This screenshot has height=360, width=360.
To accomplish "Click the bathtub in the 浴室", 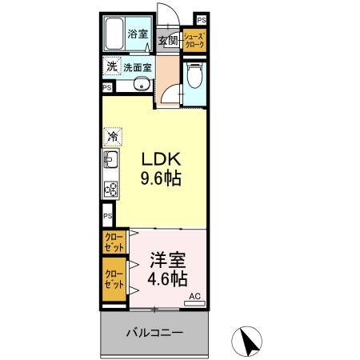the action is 114,34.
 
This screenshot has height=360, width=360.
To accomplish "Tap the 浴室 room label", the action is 138,34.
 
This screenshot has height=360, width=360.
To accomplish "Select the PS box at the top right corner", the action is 202,20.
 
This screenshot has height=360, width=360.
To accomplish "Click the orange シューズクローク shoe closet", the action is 194,40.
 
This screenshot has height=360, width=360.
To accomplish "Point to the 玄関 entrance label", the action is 169,41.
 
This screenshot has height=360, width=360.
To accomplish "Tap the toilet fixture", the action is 194,75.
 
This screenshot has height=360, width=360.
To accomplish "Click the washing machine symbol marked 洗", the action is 112,66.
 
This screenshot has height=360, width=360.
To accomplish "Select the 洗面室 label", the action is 138,68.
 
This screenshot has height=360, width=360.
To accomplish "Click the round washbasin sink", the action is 142,84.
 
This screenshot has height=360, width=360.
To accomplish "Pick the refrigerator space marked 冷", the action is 113,137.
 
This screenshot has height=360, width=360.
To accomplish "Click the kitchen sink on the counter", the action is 111,159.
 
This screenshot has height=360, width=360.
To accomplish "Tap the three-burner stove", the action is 111,189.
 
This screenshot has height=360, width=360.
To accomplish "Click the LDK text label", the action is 161,159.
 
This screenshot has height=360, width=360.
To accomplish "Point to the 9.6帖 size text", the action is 161,178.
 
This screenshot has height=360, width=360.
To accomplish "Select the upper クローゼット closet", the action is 114,242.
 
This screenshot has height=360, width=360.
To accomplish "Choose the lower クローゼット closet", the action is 114,279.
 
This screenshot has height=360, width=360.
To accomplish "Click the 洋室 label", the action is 168,260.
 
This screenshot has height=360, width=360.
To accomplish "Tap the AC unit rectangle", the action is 194,303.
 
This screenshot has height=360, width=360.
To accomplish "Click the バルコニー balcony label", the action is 154,333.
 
